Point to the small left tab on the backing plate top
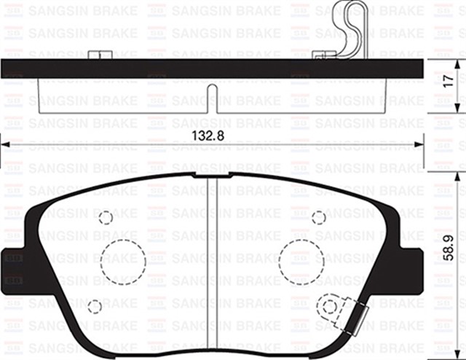(100, 55)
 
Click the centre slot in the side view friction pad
(211, 98)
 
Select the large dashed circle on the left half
(122, 260)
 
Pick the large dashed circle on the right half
(301, 260)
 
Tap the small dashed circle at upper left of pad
(106, 217)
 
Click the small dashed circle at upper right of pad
(319, 217)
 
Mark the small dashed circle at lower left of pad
(95, 306)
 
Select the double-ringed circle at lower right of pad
(331, 306)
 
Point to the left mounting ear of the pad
(15, 270)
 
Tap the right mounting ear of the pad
(410, 270)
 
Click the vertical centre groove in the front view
(209, 270)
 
